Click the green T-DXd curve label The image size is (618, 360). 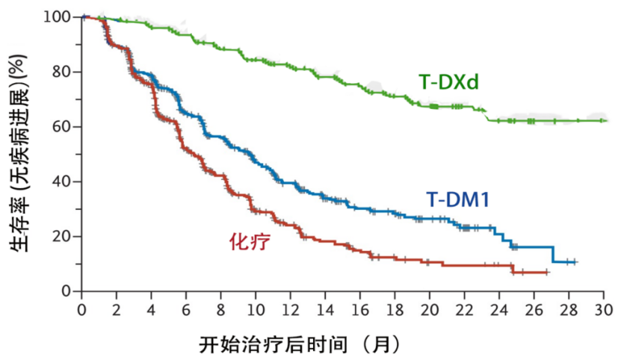tap(448, 83)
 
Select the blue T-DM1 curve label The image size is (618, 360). tap(457, 199)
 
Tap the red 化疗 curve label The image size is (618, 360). tap(249, 241)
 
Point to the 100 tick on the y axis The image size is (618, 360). tap(59, 16)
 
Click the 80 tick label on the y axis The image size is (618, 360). tap(63, 72)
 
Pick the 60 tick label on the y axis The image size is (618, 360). tap(63, 127)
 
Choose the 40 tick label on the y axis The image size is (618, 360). tap(63, 181)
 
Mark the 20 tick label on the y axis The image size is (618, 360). tap(63, 237)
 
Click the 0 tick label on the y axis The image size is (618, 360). tap(67, 291)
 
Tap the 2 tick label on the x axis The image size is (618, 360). tap(117, 308)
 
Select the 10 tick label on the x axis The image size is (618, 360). tap(256, 308)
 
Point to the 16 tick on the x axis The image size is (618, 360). tap(360, 308)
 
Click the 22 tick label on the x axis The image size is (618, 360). tap(465, 308)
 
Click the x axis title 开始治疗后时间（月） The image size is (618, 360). tap(300, 344)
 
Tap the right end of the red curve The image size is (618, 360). tap(548, 273)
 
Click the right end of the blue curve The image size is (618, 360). tap(577, 262)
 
